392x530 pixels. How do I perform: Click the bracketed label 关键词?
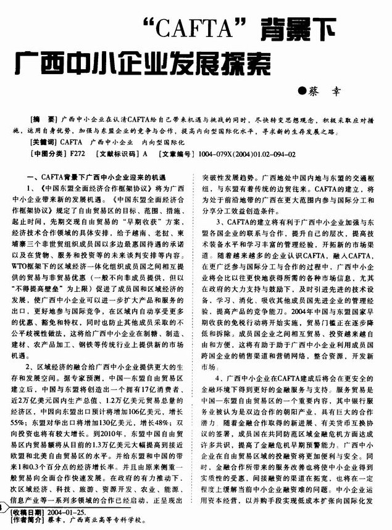coord(45,142)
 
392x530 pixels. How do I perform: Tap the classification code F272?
coord(78,155)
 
